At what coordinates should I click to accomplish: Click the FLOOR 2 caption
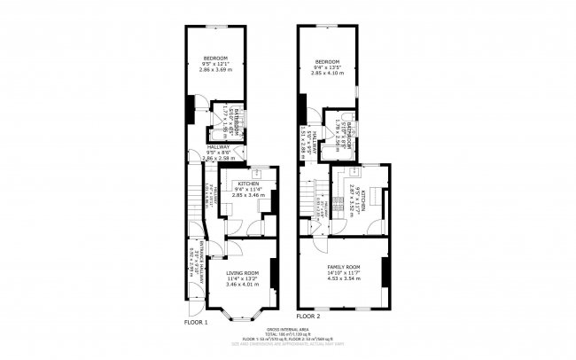pyautogui.click(x=307, y=316)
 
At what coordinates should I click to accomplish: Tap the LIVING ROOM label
pyautogui.click(x=242, y=273)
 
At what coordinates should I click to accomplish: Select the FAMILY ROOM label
pyautogui.click(x=340, y=267)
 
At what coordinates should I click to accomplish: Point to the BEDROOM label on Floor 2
pyautogui.click(x=327, y=61)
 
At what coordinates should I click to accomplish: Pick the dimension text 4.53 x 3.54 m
pyautogui.click(x=340, y=278)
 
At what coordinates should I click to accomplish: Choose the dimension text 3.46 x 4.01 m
pyautogui.click(x=242, y=284)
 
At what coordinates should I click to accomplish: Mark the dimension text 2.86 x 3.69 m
pyautogui.click(x=216, y=70)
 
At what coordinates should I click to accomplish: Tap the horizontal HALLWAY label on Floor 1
pyautogui.click(x=217, y=148)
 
